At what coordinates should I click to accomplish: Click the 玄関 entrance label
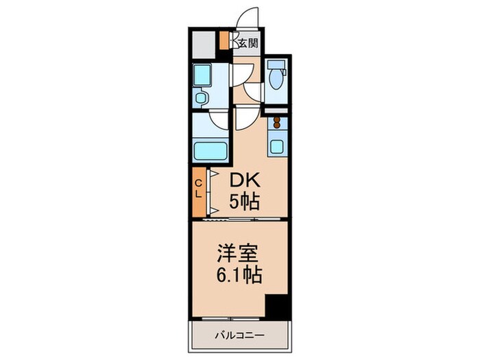point(248,43)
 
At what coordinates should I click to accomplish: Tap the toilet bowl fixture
point(276,77)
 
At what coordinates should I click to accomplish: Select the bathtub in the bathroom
point(212,149)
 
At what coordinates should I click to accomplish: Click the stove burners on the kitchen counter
point(277,124)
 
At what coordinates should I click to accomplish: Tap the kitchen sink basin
point(277,145)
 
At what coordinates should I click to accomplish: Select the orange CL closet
point(198,189)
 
